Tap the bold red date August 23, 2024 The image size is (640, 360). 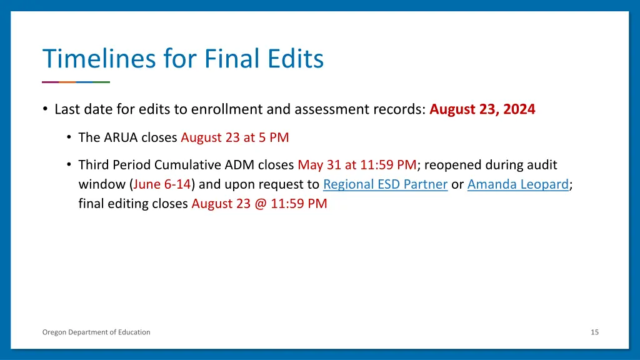[x=482, y=109]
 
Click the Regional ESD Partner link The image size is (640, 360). [x=385, y=184]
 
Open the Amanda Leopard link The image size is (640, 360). [x=518, y=184]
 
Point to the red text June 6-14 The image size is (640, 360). [x=162, y=184]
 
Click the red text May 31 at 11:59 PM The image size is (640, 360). [x=357, y=165]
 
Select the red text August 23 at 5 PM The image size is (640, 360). [x=234, y=137]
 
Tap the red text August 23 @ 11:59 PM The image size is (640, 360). [x=259, y=203]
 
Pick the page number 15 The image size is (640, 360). [x=594, y=332]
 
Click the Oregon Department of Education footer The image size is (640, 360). [x=96, y=332]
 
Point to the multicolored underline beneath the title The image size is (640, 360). [x=76, y=82]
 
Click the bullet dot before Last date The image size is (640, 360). [x=46, y=109]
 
